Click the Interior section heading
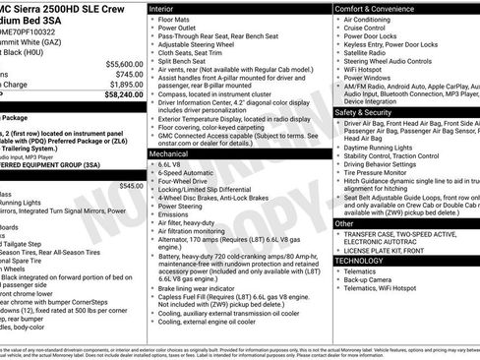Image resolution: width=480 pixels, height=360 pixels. [x=162, y=8]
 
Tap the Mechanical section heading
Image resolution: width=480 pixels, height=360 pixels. [x=168, y=154]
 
